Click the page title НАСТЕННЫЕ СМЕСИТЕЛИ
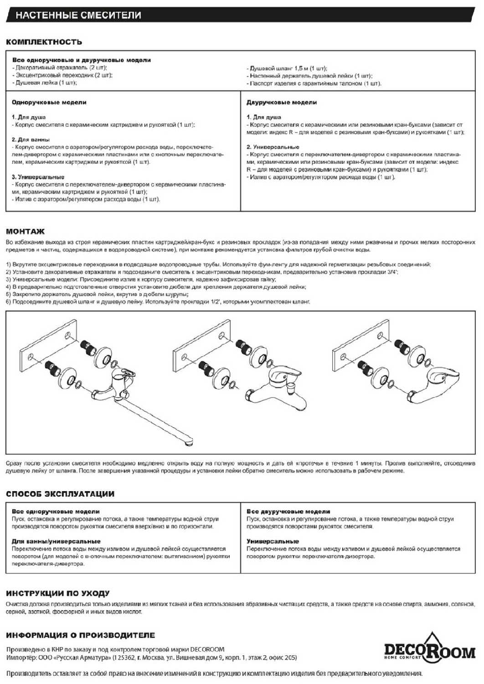(x=78, y=15)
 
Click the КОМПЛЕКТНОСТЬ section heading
(x=44, y=42)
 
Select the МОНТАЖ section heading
(x=26, y=231)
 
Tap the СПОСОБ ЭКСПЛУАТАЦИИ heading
(x=60, y=494)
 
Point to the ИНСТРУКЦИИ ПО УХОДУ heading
(x=58, y=593)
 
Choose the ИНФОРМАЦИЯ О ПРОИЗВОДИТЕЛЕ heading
(x=81, y=635)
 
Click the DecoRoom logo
(x=429, y=649)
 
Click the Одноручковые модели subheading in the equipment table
(x=49, y=103)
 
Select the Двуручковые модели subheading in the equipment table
(x=282, y=103)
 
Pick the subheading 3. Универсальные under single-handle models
(x=38, y=177)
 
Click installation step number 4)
(x=9, y=287)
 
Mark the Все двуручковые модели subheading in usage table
(x=288, y=512)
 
